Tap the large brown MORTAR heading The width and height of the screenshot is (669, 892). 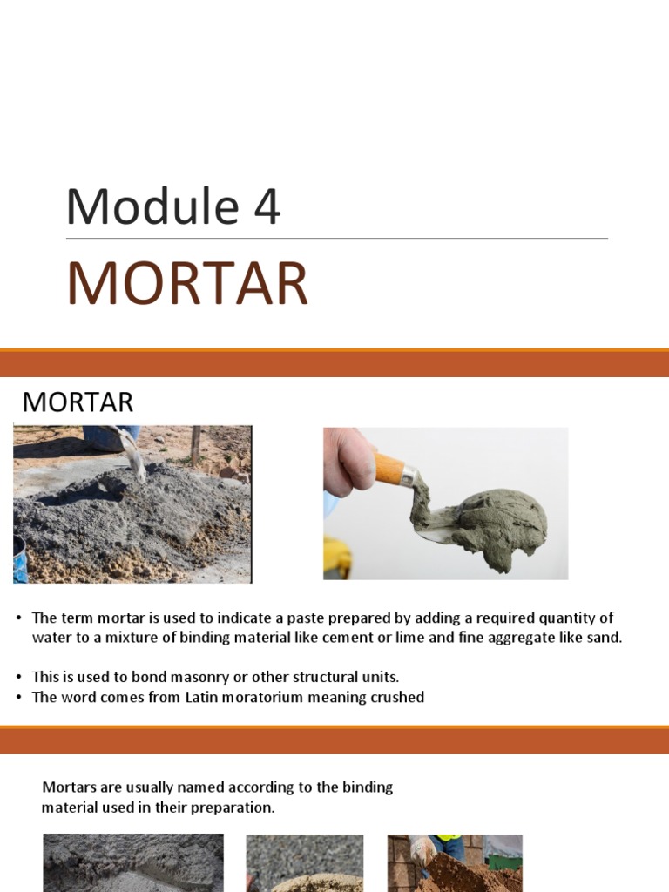click(187, 284)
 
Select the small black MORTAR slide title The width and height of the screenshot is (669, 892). click(78, 402)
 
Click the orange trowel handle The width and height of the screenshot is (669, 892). click(389, 469)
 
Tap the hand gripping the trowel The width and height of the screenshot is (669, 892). click(349, 462)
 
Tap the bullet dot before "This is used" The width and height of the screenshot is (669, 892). click(18, 677)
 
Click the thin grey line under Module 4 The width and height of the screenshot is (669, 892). click(336, 238)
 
